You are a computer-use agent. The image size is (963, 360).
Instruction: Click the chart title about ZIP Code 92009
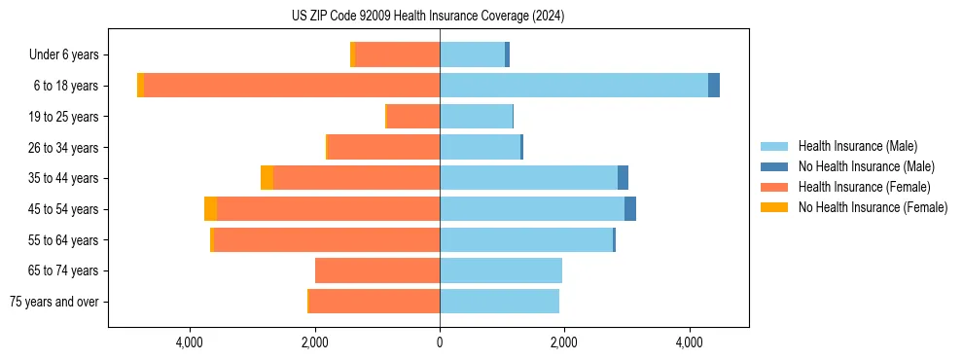coord(428,17)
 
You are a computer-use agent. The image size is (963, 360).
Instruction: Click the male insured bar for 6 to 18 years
coord(574,86)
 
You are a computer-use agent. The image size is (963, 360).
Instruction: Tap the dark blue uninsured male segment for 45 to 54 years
coord(630,209)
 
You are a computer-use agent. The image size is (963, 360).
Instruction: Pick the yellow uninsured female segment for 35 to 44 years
coord(267,178)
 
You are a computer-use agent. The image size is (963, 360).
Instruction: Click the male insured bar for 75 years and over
coord(499,302)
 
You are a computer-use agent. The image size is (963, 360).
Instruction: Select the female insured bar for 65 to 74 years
coord(377,270)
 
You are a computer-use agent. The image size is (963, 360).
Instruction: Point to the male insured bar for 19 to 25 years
coord(476,117)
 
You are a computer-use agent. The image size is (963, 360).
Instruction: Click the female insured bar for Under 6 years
coord(397,55)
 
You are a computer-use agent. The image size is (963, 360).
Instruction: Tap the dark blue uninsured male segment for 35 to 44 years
coord(623,178)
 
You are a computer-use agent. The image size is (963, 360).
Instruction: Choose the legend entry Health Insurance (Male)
coord(856,146)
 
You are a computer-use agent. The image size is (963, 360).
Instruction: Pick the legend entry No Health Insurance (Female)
coord(873,207)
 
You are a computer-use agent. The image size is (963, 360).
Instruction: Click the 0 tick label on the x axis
coord(440,342)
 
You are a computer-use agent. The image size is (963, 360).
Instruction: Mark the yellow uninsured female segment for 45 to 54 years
coord(210,209)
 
